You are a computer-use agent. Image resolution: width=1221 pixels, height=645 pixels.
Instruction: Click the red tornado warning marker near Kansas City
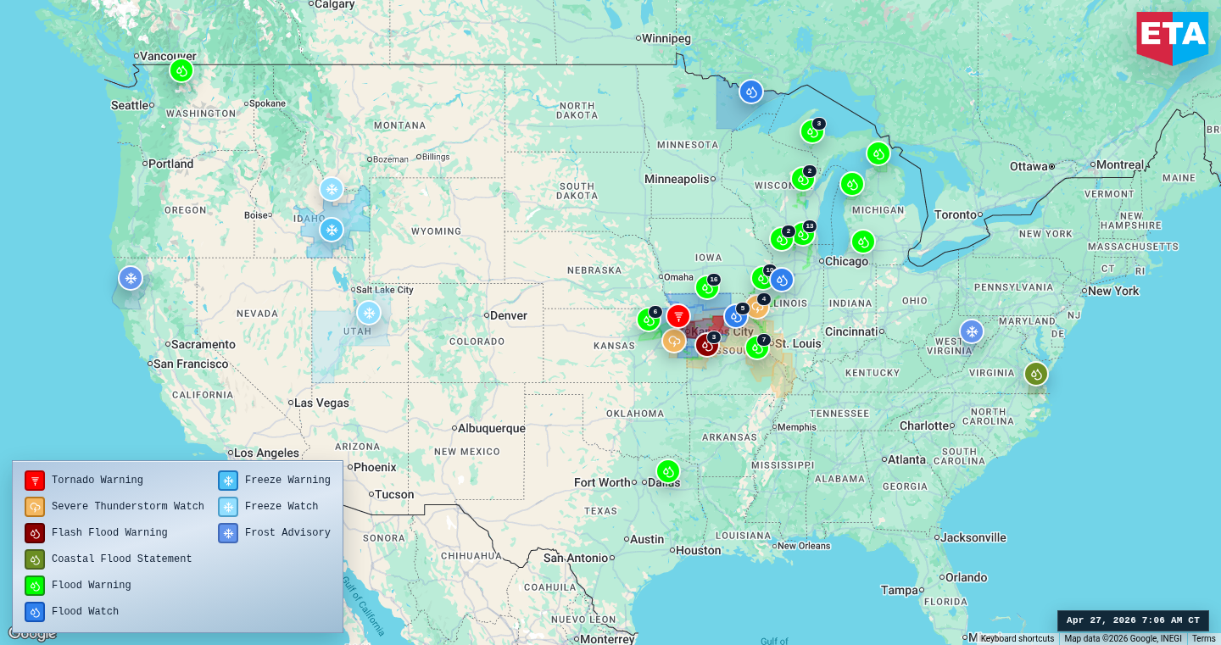point(677,316)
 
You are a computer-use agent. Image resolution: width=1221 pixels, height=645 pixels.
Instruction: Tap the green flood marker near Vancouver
point(181,70)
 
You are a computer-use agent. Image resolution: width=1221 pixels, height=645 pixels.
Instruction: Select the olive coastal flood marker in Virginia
point(1035,374)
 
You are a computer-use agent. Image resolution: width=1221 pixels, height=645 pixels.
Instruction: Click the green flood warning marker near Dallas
point(668,471)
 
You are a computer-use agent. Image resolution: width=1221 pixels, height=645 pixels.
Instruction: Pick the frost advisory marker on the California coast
point(131,278)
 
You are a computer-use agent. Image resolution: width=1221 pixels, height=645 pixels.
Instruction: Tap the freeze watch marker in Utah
point(368,313)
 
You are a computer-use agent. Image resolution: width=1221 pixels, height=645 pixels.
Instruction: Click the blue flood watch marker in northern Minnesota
point(750,92)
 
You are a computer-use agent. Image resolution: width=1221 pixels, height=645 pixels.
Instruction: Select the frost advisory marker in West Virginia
point(972,331)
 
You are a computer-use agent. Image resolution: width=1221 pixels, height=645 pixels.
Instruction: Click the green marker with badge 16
point(706,288)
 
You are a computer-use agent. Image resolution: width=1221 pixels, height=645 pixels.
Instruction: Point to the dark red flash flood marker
point(706,345)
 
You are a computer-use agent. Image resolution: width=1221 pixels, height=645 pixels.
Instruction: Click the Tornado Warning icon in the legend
point(35,481)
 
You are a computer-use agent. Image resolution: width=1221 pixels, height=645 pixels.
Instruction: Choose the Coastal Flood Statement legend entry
point(121,559)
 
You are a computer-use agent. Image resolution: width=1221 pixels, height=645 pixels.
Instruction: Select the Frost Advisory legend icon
point(228,533)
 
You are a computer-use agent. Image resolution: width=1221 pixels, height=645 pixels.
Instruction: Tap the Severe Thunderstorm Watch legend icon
point(35,507)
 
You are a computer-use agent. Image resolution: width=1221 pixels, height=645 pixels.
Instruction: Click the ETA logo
point(1172,36)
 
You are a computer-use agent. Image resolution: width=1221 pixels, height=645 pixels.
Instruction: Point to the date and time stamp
point(1133,620)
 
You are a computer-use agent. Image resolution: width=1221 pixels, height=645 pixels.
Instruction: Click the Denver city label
point(508,315)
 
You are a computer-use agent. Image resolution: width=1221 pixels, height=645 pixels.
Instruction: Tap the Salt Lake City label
point(384,290)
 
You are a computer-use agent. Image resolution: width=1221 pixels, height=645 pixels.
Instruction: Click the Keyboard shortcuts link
point(1017,639)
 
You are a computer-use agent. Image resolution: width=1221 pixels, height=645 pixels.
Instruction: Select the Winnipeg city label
point(666,38)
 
